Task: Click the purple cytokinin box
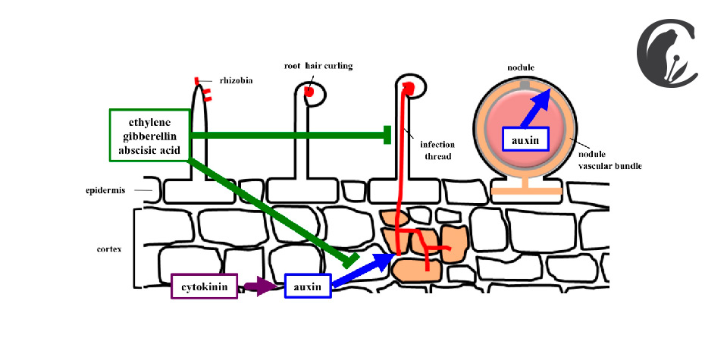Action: [x=205, y=286]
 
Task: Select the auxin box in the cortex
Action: [x=308, y=286]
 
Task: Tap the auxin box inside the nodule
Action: [x=526, y=139]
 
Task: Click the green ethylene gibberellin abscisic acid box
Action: [x=150, y=136]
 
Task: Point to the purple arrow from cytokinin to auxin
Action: [x=259, y=286]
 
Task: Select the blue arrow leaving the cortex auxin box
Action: [x=364, y=270]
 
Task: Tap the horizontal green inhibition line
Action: [x=290, y=135]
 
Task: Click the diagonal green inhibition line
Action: [x=274, y=212]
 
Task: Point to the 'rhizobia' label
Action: [x=236, y=80]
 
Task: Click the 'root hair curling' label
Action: [x=318, y=66]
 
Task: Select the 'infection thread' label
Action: [x=437, y=151]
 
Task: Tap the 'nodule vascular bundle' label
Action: [x=609, y=160]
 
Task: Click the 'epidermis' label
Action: [x=105, y=190]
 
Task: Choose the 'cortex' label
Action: [x=109, y=249]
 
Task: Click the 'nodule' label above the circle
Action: [x=521, y=67]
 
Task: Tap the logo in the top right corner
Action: [x=666, y=52]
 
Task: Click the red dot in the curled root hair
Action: [x=309, y=91]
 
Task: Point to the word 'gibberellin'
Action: [x=150, y=136]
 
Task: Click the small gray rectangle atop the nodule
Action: [x=525, y=85]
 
